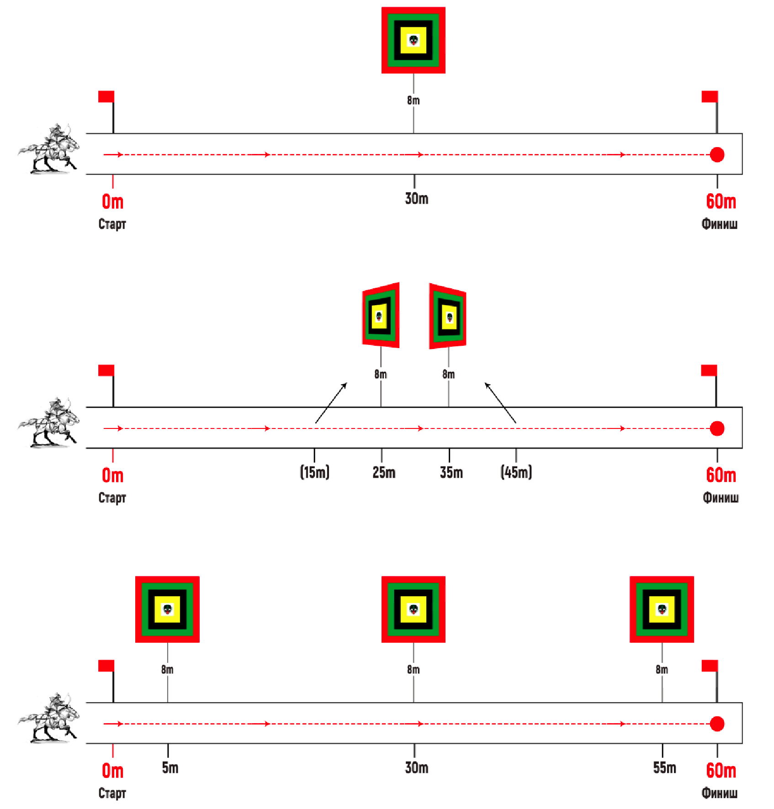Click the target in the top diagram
pos(413,40)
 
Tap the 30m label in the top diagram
pos(416,199)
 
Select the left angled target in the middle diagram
pos(381,316)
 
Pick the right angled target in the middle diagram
pos(448,317)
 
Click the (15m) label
pos(314,472)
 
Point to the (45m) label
pos(516,472)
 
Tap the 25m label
pos(383,472)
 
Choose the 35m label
pos(451,472)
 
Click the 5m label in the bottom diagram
pos(170,767)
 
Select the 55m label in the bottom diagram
pos(664,767)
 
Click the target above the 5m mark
pos(167,609)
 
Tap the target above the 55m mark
pos(662,609)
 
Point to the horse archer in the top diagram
pos(49,149)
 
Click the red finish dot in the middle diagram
pos(717,428)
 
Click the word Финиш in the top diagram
pos(719,224)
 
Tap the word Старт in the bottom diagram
pos(112,793)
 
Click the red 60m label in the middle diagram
pos(721,475)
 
